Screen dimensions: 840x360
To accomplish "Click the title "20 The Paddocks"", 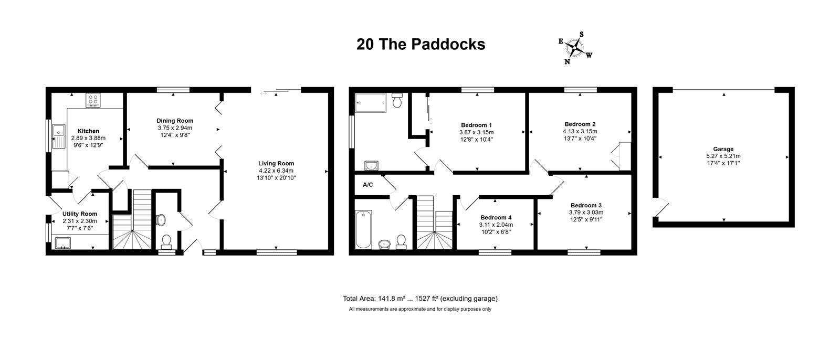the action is pos(421,44).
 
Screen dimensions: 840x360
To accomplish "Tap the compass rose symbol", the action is pos(575,48).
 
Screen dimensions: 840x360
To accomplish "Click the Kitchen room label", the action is pos(89,131).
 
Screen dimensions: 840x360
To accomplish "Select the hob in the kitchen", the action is pos(93,100).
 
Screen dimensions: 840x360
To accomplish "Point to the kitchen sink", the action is pos(58,136).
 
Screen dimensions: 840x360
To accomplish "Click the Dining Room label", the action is pos(175,121).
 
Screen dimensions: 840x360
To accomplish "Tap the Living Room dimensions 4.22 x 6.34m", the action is pos(276,171).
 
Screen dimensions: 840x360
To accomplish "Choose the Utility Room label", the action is pos(79,214).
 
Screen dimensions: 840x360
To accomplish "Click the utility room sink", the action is pos(62,243).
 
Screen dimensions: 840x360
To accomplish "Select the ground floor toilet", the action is pos(166,241).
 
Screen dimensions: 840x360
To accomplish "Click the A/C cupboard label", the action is pos(367,185).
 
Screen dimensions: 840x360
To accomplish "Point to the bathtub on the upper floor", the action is pos(363,229).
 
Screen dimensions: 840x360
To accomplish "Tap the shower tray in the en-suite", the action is pos(371,103).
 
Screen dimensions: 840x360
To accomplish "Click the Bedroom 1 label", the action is pos(476,125).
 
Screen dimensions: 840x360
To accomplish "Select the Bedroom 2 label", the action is pos(580,124).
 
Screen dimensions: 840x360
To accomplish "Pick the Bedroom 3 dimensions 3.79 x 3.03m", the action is pos(586,212).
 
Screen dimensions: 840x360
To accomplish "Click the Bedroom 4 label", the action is pos(496,217).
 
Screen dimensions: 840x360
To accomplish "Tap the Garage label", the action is pos(723,149).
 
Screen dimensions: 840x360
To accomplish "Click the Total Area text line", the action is pos(420,299).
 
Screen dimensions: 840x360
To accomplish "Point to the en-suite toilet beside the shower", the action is pos(397,101).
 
